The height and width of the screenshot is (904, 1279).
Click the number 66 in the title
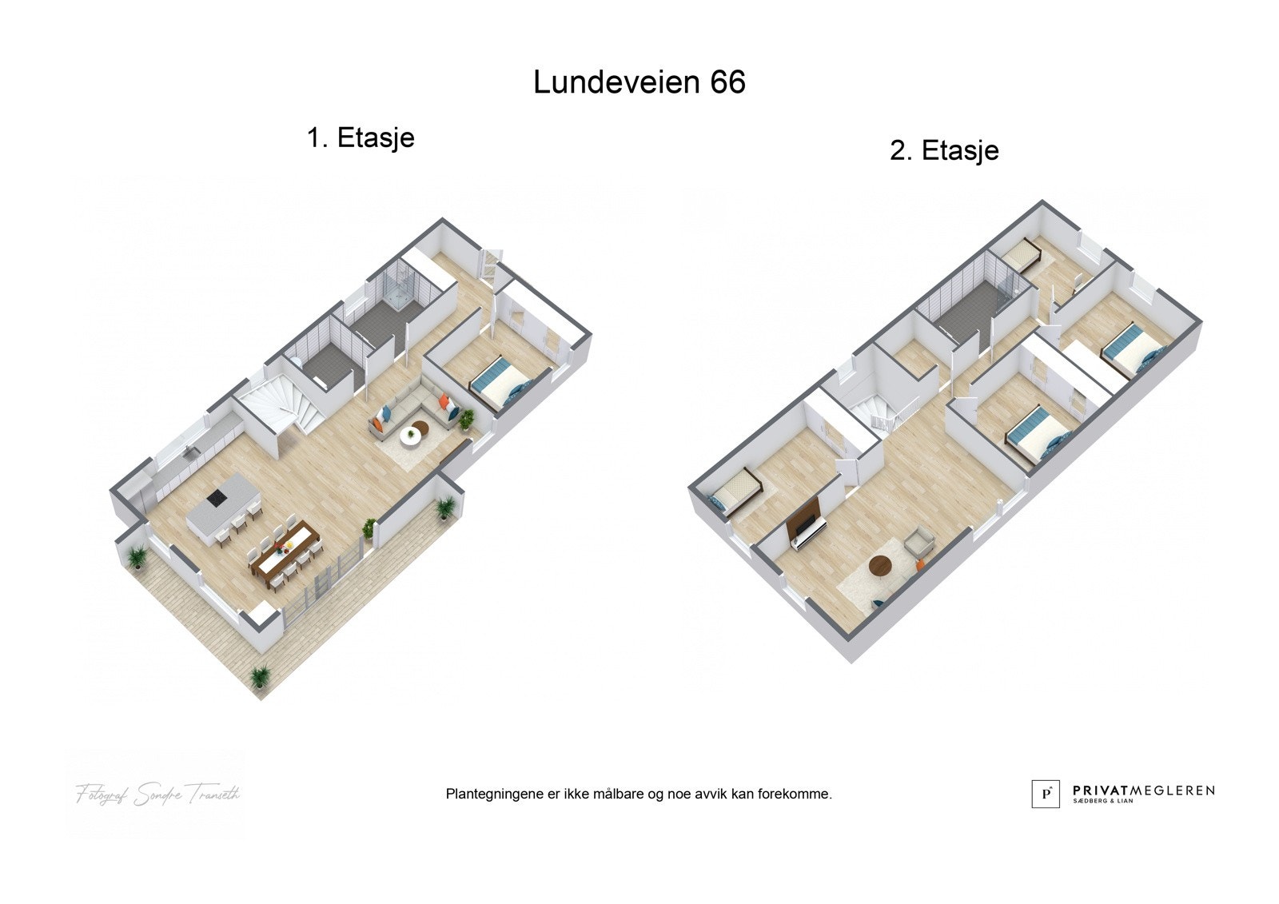(x=726, y=82)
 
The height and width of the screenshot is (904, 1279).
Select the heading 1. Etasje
(x=361, y=137)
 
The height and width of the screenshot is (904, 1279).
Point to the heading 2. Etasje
(x=944, y=150)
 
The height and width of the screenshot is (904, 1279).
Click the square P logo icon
(x=1046, y=793)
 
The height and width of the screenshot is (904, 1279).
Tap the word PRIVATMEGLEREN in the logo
(x=1143, y=790)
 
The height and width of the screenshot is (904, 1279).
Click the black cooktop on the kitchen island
(x=216, y=499)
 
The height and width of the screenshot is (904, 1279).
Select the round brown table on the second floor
(x=880, y=566)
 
